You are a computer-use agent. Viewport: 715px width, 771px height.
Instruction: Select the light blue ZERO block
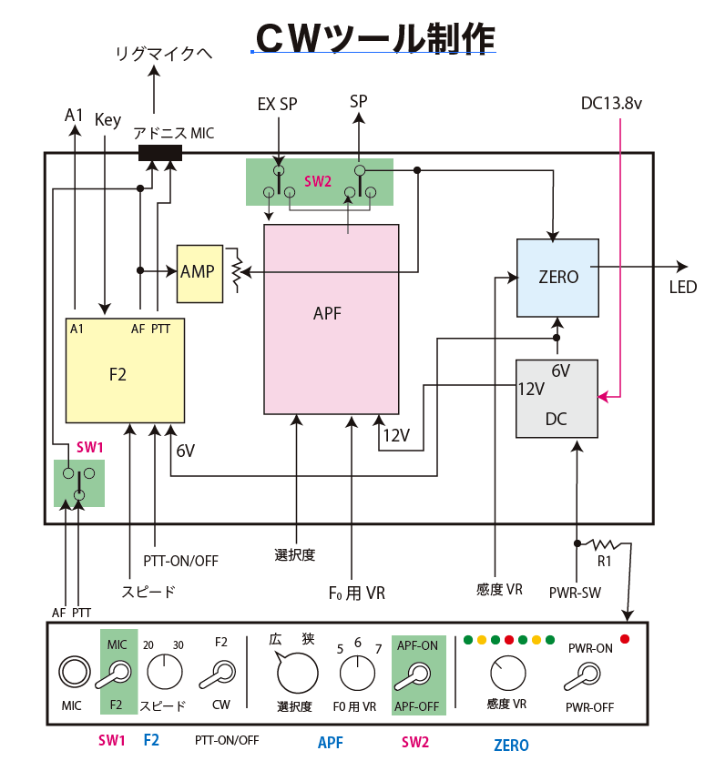click(557, 278)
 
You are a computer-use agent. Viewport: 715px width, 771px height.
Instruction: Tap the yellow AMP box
click(199, 273)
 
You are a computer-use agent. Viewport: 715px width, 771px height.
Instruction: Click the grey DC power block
click(557, 399)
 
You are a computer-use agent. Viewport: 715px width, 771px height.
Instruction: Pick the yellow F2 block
click(125, 370)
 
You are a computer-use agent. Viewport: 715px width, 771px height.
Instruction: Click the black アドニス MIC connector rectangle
click(160, 153)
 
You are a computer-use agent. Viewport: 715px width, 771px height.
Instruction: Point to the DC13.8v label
click(612, 104)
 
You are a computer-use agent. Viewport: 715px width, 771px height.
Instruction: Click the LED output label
click(683, 288)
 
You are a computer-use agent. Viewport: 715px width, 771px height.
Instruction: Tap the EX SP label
click(277, 104)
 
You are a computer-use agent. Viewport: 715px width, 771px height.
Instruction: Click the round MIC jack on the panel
click(72, 673)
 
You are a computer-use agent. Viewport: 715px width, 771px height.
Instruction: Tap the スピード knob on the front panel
click(164, 673)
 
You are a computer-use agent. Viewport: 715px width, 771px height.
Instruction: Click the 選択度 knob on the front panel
click(297, 674)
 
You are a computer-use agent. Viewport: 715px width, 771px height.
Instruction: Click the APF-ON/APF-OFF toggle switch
click(417, 675)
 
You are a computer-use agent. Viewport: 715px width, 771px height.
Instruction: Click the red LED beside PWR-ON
click(625, 639)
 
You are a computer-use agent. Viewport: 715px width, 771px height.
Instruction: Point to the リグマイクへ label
click(163, 54)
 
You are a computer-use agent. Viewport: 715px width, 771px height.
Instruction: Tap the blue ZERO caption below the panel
click(511, 746)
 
